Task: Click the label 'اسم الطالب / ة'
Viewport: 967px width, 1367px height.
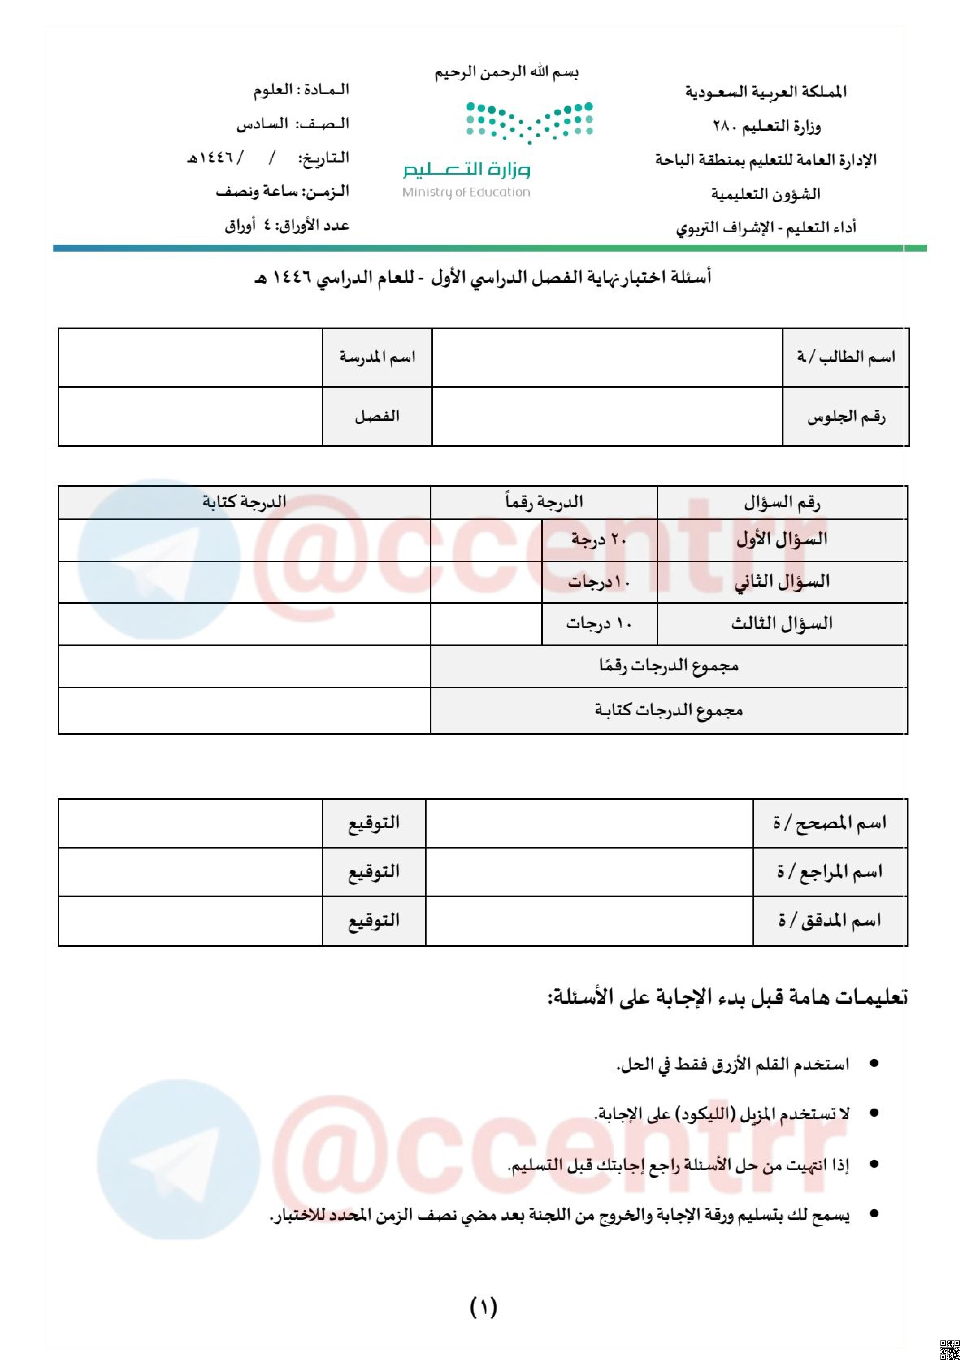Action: [845, 357]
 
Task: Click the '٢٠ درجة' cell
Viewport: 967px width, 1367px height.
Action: [599, 540]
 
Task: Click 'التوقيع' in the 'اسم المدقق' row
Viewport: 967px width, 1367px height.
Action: [374, 921]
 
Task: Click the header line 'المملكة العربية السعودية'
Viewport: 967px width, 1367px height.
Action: [766, 92]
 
